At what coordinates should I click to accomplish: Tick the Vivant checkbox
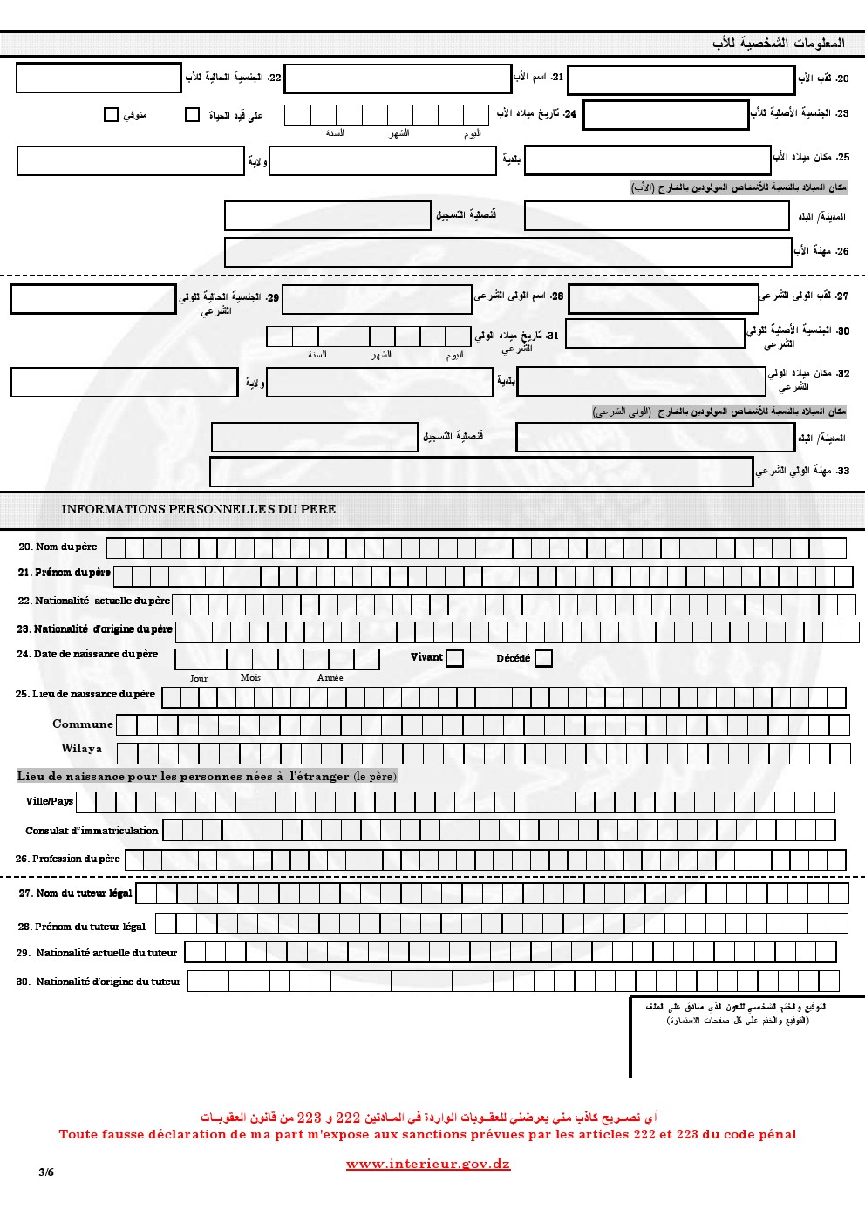[x=454, y=658]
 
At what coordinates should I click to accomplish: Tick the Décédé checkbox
[x=543, y=658]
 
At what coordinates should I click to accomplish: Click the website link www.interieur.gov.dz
[x=428, y=1164]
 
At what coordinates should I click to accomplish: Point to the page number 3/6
[x=46, y=1172]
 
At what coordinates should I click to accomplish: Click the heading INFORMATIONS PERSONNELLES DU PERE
[x=199, y=509]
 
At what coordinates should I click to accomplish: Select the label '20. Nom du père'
[x=58, y=547]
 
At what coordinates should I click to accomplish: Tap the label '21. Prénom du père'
[x=65, y=573]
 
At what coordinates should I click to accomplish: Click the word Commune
[x=83, y=724]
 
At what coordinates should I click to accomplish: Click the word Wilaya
[x=81, y=748]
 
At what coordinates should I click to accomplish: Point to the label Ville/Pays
[x=50, y=801]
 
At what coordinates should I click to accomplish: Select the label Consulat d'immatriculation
[x=92, y=831]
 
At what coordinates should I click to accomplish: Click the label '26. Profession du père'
[x=68, y=859]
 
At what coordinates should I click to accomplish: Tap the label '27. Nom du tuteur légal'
[x=76, y=893]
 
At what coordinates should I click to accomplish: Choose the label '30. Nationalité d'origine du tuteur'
[x=99, y=982]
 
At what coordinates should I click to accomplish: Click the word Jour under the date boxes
[x=199, y=678]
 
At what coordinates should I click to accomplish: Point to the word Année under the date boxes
[x=330, y=678]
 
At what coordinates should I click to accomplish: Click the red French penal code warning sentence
[x=427, y=1134]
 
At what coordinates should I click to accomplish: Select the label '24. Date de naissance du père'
[x=87, y=654]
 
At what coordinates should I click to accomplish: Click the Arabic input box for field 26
[x=507, y=252]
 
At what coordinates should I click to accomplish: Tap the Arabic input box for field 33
[x=481, y=472]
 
